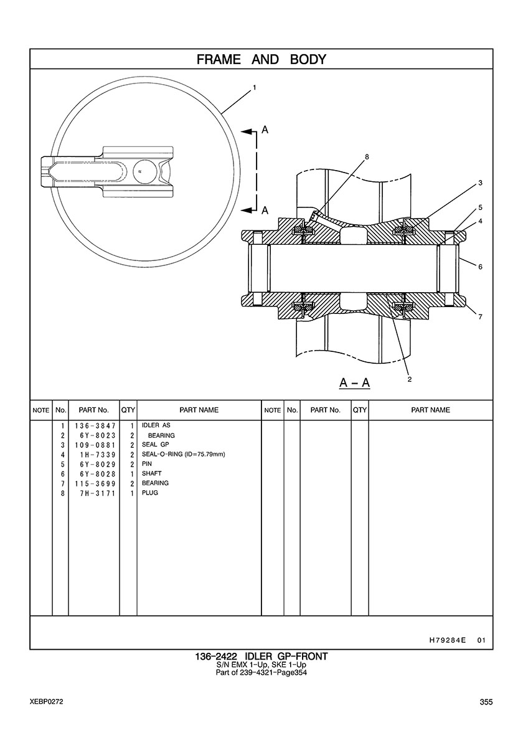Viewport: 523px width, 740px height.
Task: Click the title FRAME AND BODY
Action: (x=261, y=60)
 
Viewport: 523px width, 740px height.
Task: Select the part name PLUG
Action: (x=150, y=493)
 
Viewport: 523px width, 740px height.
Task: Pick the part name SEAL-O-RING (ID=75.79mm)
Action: (x=183, y=455)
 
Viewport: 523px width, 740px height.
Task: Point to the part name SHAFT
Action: (x=152, y=473)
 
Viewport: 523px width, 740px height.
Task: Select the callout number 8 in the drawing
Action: (x=367, y=158)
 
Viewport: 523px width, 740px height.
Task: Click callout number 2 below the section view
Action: (x=409, y=379)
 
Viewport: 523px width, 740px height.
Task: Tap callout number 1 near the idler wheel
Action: (x=254, y=88)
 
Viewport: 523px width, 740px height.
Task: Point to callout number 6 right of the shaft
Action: (x=480, y=267)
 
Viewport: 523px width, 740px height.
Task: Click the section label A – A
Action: (x=355, y=382)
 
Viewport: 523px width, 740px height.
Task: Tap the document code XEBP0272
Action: (x=46, y=702)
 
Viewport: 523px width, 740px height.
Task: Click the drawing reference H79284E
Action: (x=448, y=640)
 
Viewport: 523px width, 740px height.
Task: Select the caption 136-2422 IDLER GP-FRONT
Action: (x=261, y=657)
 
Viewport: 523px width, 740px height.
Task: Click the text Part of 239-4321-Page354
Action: (x=261, y=673)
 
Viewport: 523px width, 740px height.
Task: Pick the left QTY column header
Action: (x=128, y=410)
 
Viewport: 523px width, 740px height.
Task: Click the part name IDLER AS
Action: (x=156, y=426)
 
